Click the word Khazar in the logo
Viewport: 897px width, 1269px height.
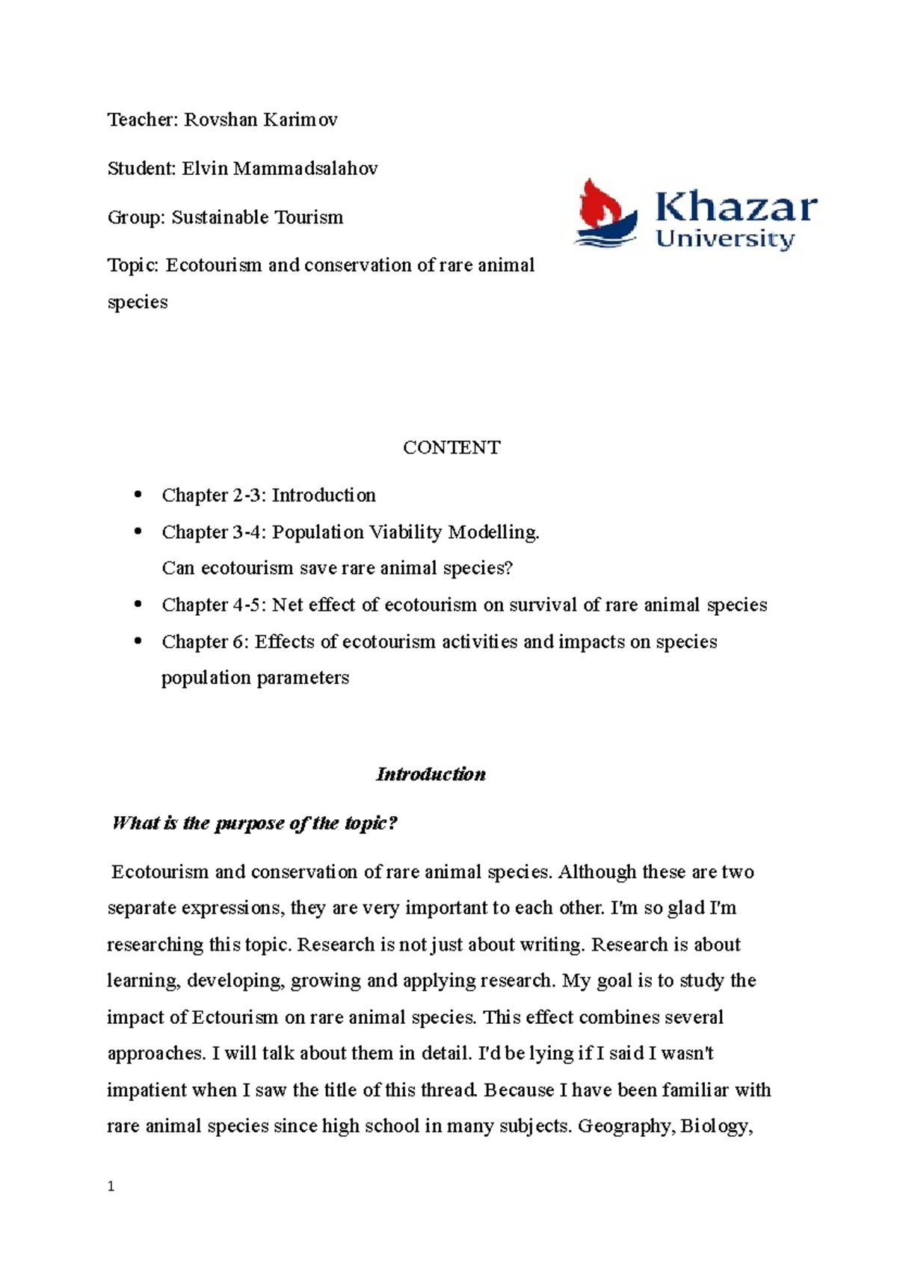tap(736, 207)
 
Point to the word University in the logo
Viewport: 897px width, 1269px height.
tap(724, 240)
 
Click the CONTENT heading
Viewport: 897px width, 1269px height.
tap(451, 448)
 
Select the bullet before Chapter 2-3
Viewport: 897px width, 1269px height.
tap(137, 495)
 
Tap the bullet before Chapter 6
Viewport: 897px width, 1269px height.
tap(137, 641)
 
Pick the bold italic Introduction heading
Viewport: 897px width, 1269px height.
tap(431, 774)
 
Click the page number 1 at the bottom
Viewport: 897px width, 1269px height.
tap(111, 1187)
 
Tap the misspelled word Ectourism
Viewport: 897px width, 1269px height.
tap(235, 1017)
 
